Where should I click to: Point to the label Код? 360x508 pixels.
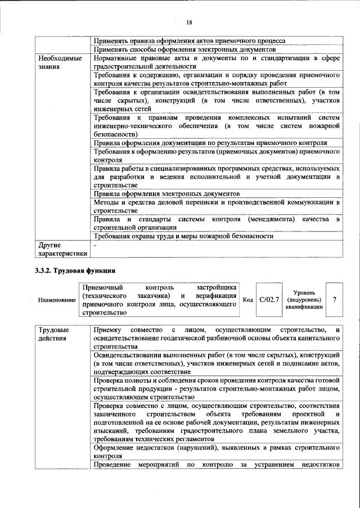(x=247, y=300)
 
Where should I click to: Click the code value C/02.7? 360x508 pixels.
(x=269, y=300)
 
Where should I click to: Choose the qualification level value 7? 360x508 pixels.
(x=335, y=300)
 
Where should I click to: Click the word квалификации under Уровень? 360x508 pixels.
(x=304, y=307)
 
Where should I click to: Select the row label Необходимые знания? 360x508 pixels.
(x=60, y=62)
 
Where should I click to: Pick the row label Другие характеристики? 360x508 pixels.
(x=62, y=250)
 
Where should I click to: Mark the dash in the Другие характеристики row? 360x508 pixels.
(x=96, y=246)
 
